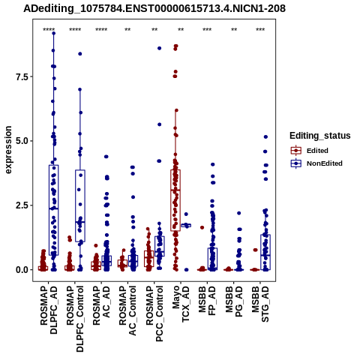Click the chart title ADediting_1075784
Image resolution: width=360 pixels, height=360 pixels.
[154, 9]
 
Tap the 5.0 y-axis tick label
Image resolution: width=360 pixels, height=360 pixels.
[22, 141]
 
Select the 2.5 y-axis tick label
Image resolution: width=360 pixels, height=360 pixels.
[22, 205]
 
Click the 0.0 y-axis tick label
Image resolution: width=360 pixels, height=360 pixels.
[22, 270]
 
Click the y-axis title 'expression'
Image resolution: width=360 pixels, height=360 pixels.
[8, 150]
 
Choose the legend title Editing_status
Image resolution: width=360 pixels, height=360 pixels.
[320, 136]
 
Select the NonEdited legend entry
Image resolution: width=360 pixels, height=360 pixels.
[316, 163]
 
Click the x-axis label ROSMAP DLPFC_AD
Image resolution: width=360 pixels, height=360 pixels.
[49, 310]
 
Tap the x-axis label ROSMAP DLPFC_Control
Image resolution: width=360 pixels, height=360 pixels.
[75, 319]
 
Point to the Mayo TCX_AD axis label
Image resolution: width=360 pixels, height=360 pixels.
[181, 304]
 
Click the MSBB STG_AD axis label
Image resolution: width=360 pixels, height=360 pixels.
[260, 304]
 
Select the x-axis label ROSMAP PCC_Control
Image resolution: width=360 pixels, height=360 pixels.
[154, 313]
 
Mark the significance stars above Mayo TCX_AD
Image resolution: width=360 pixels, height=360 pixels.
[181, 30]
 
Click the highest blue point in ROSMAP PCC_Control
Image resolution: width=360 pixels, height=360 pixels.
[159, 48]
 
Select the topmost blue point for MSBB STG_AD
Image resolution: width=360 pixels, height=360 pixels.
[265, 136]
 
